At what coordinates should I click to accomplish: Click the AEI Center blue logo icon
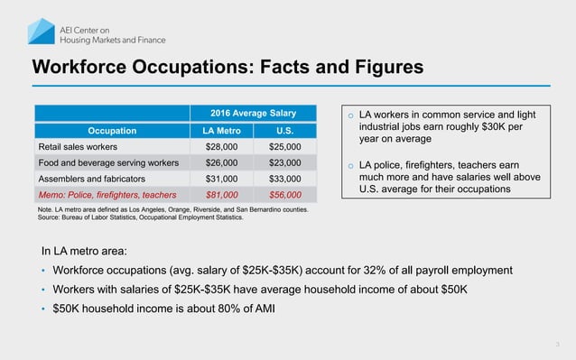40,31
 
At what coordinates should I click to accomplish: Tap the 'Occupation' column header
112,130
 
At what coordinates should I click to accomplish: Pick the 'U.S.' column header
284,130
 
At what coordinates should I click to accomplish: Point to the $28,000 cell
222,146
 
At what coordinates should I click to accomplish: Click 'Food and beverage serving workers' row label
107,162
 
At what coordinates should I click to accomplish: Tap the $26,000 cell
222,162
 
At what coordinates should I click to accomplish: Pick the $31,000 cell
222,179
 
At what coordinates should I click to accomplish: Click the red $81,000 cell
222,194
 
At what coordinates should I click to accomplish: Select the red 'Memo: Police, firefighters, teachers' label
107,194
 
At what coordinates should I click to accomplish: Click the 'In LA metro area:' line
88,250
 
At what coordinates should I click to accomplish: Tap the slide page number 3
557,345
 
